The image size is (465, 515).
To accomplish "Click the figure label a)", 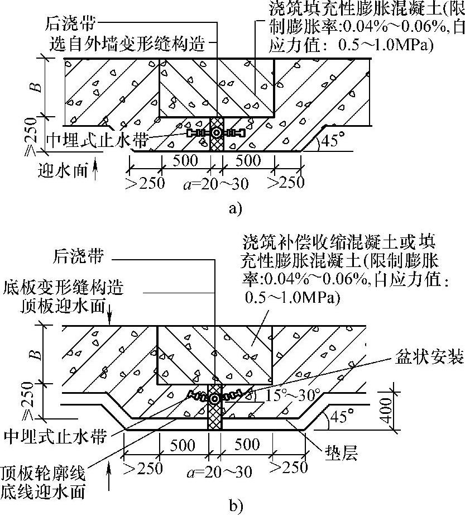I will tap(235, 209).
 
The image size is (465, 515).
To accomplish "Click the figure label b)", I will tap(235, 506).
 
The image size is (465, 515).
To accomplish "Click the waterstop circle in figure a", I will tap(216, 133).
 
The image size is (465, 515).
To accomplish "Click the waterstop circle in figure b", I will tap(215, 398).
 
